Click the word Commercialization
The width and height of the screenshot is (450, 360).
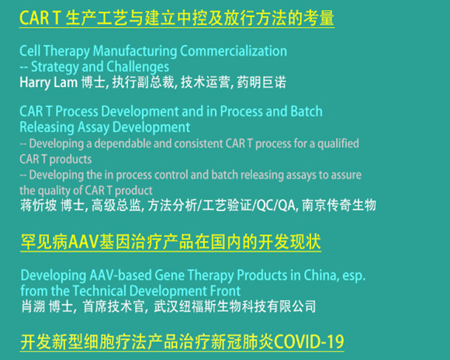(234, 51)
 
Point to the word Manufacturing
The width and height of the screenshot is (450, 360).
(135, 51)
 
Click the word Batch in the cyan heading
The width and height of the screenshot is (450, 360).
(306, 112)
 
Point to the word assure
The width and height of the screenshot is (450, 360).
(346, 175)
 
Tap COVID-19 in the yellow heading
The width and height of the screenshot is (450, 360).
(309, 341)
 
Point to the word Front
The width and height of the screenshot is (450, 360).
(225, 291)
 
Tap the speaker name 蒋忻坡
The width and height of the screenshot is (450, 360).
(39, 206)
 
